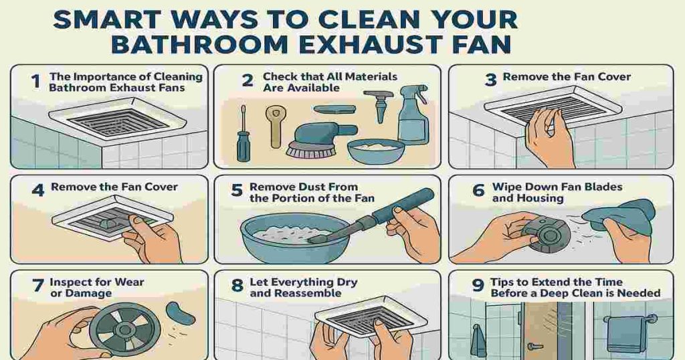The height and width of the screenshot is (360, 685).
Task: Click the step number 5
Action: [x=236, y=191]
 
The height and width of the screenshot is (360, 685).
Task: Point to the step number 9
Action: [x=478, y=286]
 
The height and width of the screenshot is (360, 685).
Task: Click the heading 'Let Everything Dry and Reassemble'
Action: [x=303, y=288]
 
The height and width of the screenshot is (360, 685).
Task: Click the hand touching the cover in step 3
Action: [x=549, y=137]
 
